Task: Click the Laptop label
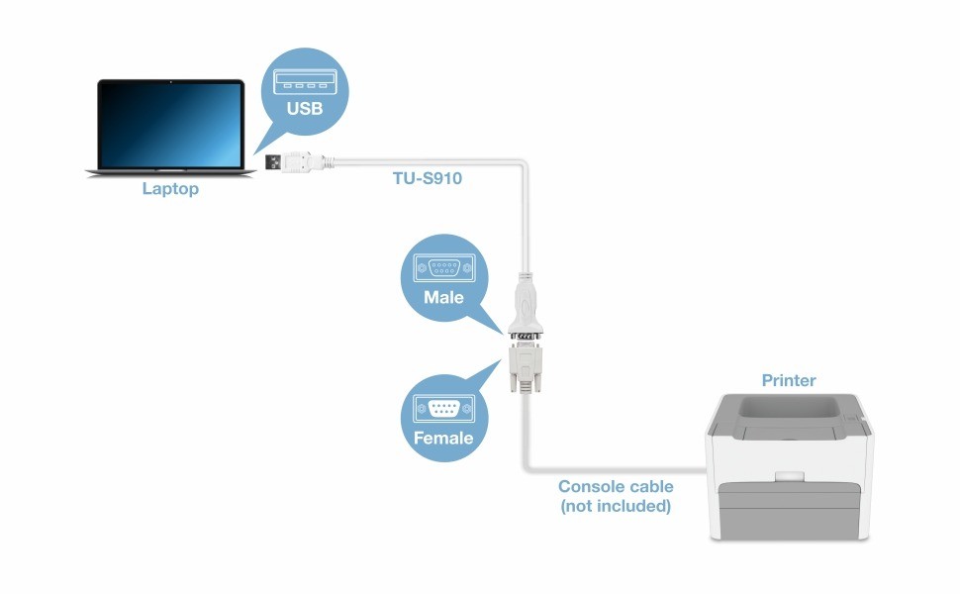click(170, 188)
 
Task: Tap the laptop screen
click(170, 125)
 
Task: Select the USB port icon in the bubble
click(305, 78)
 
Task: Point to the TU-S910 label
click(428, 179)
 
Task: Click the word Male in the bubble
click(443, 297)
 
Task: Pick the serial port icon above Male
click(443, 266)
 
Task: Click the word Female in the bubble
click(443, 438)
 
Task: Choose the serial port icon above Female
click(443, 407)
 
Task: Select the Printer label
click(789, 380)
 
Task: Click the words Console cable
click(616, 486)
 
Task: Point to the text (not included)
click(616, 506)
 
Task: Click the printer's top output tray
click(789, 409)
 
